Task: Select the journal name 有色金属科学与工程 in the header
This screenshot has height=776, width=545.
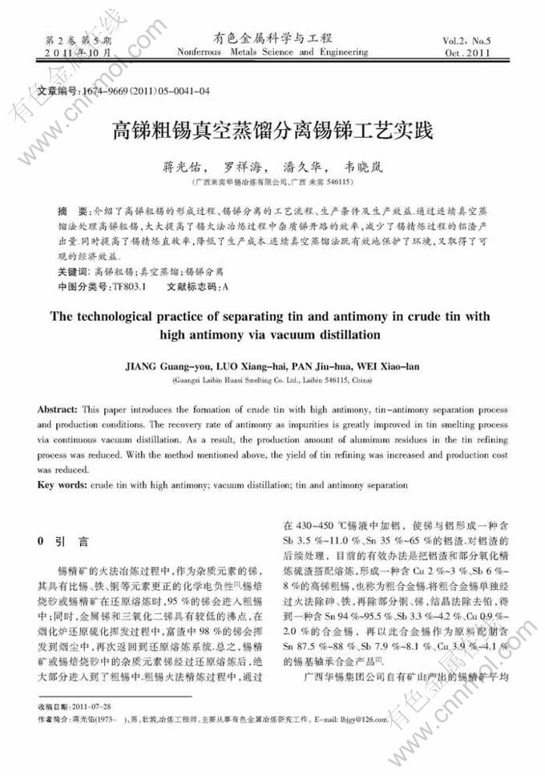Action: [x=272, y=38]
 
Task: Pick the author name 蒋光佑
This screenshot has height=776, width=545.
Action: [x=183, y=168]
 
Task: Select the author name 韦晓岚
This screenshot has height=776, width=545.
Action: [x=361, y=168]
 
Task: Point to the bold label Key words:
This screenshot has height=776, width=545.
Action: [x=63, y=486]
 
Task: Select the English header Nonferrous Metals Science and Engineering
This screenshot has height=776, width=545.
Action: [x=272, y=53]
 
